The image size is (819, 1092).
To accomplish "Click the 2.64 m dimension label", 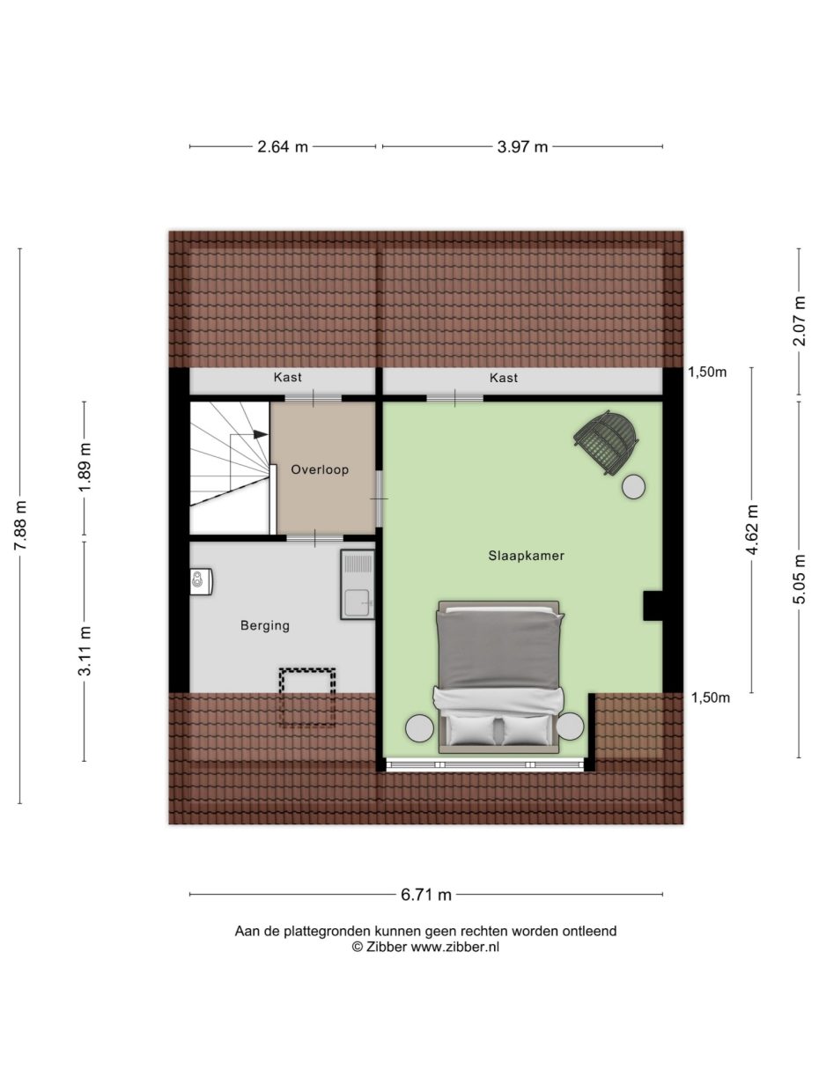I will [x=283, y=147].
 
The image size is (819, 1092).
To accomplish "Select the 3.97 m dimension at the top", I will [x=522, y=147].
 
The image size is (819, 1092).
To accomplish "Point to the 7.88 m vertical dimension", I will [x=20, y=526].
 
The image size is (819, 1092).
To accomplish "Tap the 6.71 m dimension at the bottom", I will [x=426, y=895].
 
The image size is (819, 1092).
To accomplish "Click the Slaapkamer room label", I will [x=526, y=556].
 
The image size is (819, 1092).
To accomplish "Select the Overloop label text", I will [x=320, y=469].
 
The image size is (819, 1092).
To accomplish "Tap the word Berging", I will [x=265, y=626].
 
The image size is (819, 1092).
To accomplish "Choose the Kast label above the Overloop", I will [x=287, y=377].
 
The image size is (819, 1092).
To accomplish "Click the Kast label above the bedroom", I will [x=503, y=377].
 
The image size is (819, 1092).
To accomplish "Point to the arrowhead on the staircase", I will [x=260, y=434].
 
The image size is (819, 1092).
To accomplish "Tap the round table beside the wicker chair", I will [x=633, y=486].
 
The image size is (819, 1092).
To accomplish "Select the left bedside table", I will [x=419, y=727].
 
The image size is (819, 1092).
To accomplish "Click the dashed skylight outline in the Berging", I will [x=307, y=697].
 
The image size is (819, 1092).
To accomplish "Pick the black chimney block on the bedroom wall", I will [x=653, y=606].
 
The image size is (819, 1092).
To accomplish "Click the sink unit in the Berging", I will [x=358, y=586].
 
